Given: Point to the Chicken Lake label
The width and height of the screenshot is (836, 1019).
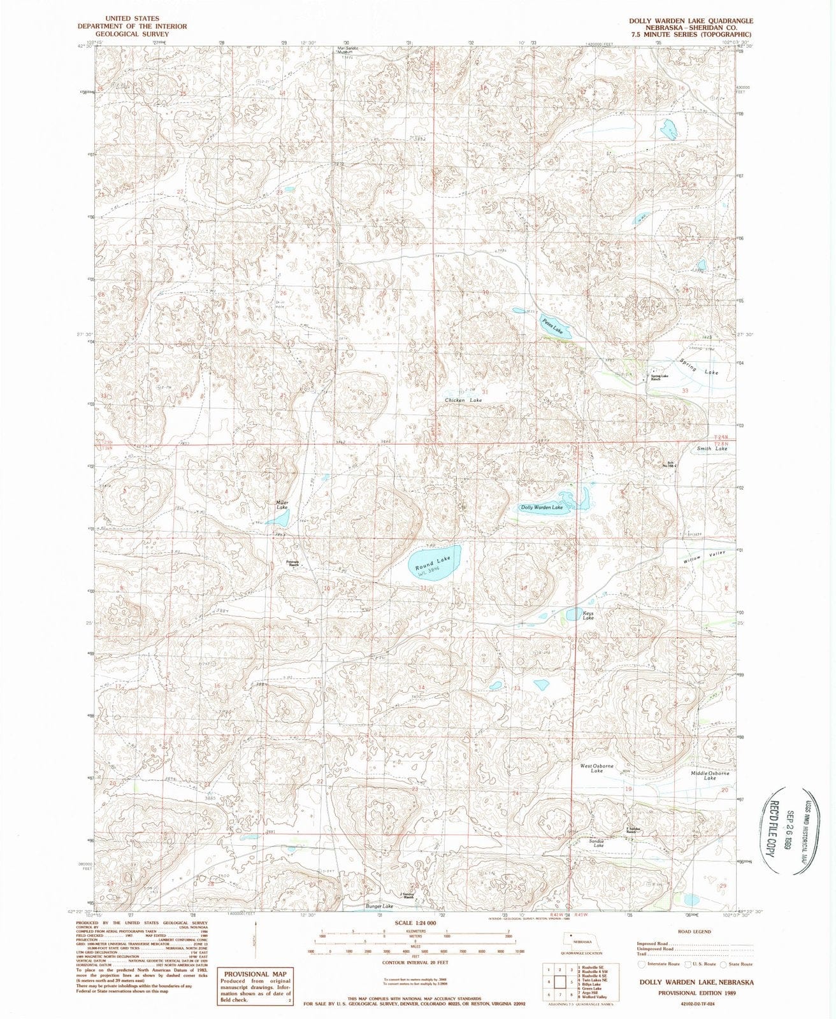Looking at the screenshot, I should coord(463,399).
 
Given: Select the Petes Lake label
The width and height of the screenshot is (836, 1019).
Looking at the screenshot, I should coord(553,326).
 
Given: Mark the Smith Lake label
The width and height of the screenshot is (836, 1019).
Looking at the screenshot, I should coord(712,448).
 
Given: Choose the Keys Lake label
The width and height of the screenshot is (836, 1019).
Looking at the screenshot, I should coord(588,615).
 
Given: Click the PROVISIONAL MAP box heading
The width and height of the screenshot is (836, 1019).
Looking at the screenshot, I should coord(254,974).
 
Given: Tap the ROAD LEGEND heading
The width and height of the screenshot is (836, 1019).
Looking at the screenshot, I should coord(696,931).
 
